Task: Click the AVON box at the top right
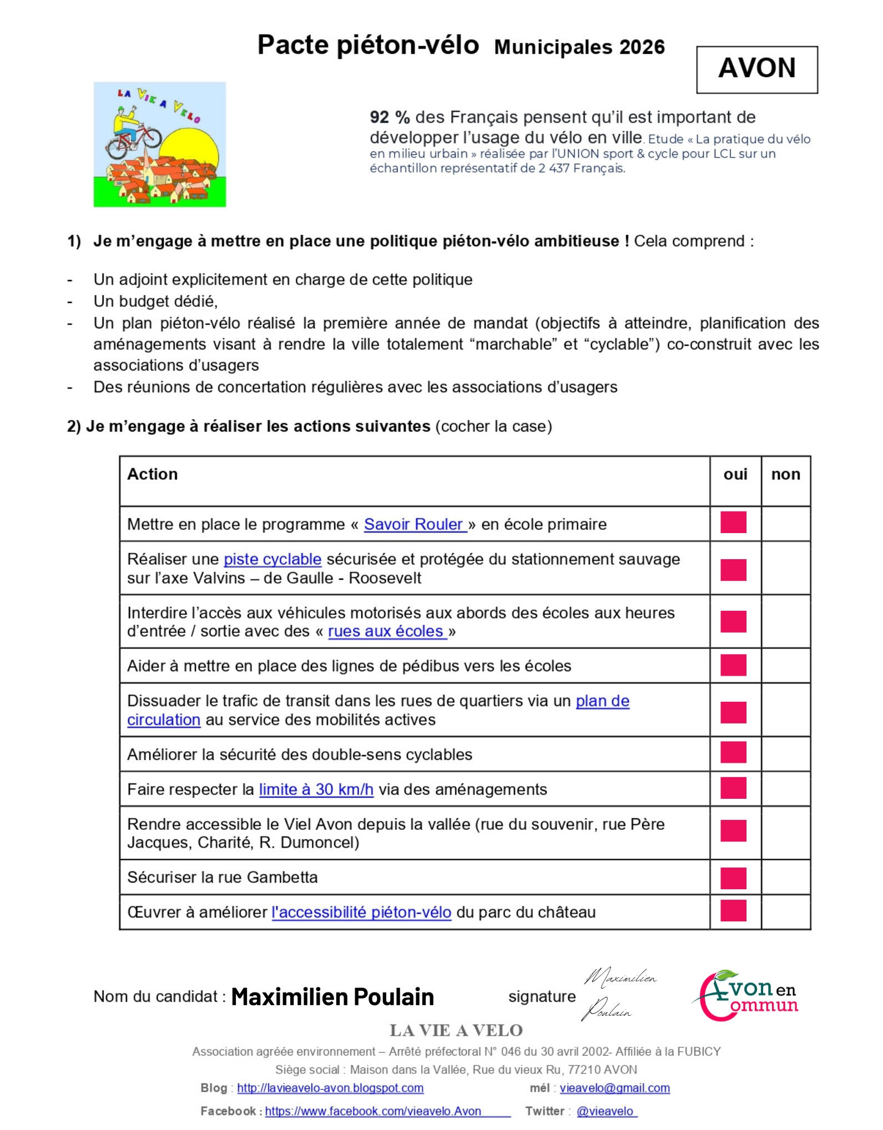pyautogui.click(x=756, y=69)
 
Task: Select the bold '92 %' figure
pyautogui.click(x=390, y=117)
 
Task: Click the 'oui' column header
pyautogui.click(x=735, y=474)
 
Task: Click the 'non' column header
pyautogui.click(x=785, y=474)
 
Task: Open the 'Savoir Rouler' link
pyautogui.click(x=414, y=524)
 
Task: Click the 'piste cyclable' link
pyautogui.click(x=273, y=559)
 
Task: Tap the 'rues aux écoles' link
pyautogui.click(x=386, y=631)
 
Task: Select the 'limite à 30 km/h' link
pyautogui.click(x=316, y=789)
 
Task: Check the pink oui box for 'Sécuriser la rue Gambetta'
pyautogui.click(x=733, y=878)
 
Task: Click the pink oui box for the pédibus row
pyautogui.click(x=733, y=665)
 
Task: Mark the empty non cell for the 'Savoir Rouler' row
pyautogui.click(x=785, y=524)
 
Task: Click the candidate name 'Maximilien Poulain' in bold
pyautogui.click(x=332, y=997)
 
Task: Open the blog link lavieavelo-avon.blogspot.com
pyautogui.click(x=330, y=1088)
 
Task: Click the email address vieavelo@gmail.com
pyautogui.click(x=614, y=1088)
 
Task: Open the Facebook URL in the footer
pyautogui.click(x=373, y=1111)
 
